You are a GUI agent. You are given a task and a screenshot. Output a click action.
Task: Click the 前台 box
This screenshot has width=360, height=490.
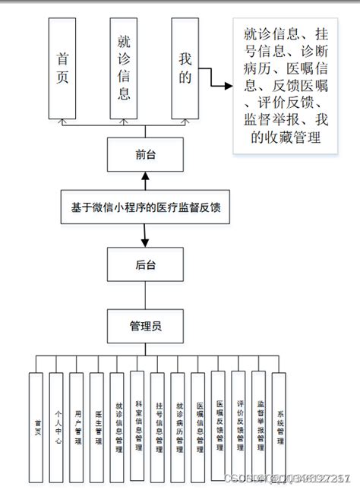(145, 154)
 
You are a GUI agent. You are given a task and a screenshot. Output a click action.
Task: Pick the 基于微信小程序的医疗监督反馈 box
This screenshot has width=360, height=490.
(145, 204)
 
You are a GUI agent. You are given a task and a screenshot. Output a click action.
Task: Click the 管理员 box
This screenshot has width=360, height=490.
(145, 326)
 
